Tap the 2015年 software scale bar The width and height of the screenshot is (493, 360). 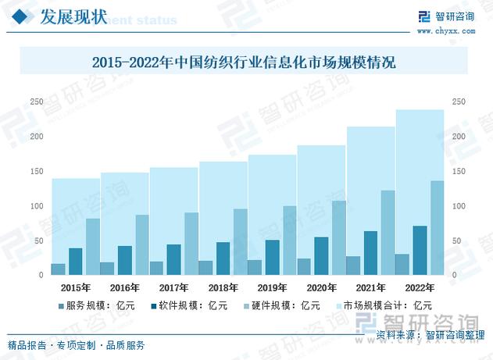pyautogui.click(x=75, y=262)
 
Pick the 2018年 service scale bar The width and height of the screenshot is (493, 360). pyautogui.click(x=205, y=268)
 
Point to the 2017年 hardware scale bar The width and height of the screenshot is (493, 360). pyautogui.click(x=191, y=244)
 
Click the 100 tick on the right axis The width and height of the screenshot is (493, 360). pyautogui.click(x=459, y=206)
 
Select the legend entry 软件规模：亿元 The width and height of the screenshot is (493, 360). pyautogui.click(x=185, y=305)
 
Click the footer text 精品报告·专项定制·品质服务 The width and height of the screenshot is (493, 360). pyautogui.click(x=77, y=344)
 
